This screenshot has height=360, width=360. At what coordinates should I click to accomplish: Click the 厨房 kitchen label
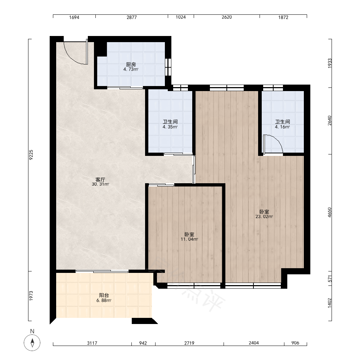131,64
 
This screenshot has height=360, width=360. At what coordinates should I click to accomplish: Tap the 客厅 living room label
100,179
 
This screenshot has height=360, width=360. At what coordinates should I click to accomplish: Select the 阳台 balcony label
104,296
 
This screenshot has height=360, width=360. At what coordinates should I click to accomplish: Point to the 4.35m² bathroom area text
170,127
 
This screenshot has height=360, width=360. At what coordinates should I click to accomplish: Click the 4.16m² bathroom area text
282,127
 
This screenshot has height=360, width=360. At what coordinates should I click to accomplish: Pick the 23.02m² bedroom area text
264,216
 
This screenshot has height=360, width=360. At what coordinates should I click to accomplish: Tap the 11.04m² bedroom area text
189,239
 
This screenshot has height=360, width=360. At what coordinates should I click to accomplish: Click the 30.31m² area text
100,184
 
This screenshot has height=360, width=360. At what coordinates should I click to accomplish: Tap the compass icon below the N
32,343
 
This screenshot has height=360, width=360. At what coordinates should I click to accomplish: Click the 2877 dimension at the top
132,17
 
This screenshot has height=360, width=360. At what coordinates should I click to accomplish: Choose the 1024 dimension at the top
181,17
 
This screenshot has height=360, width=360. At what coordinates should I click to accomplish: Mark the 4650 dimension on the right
330,213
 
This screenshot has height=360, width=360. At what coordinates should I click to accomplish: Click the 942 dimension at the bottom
143,343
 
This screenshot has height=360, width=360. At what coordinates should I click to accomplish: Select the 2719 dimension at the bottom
189,343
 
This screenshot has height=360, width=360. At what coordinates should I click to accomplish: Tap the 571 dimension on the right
330,279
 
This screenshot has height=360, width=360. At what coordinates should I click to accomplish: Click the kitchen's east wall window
168,67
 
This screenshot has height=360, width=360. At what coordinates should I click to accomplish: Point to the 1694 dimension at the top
74,17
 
